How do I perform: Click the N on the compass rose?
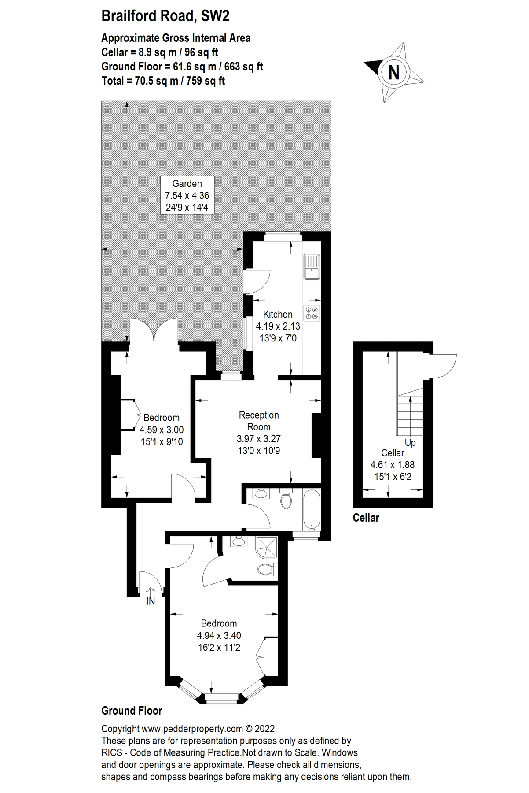pyautogui.click(x=394, y=72)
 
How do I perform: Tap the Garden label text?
pyautogui.click(x=187, y=184)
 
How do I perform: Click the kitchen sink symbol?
pyautogui.click(x=311, y=267)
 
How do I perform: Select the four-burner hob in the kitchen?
pyautogui.click(x=312, y=312)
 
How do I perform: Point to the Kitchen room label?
pyautogui.click(x=278, y=315)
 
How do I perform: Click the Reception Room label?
pyautogui.click(x=259, y=421)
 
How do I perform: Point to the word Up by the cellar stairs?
pyautogui.click(x=410, y=443)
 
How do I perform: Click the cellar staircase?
pyautogui.click(x=410, y=414)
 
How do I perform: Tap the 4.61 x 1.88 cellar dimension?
pyautogui.click(x=393, y=465)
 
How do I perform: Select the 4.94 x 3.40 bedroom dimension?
pyautogui.click(x=219, y=636)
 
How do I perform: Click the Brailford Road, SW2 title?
pyautogui.click(x=165, y=16)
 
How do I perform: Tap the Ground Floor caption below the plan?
pyautogui.click(x=132, y=711)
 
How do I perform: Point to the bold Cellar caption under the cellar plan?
pyautogui.click(x=366, y=518)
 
